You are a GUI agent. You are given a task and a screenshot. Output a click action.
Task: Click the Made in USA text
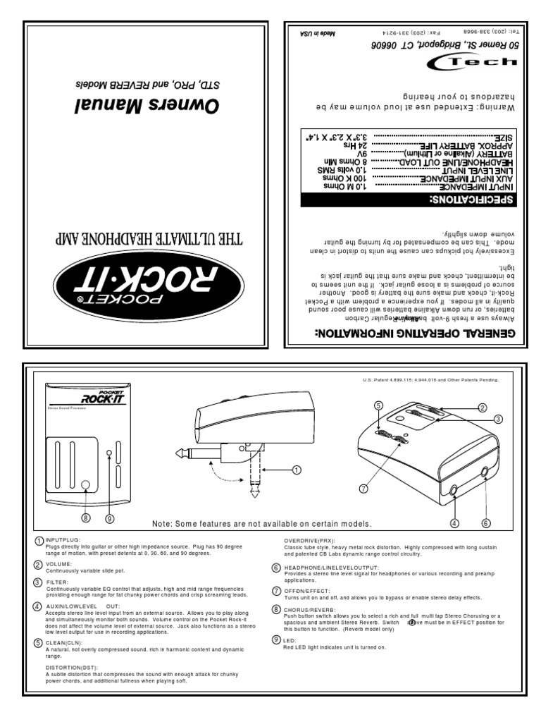pyautogui.click(x=304, y=32)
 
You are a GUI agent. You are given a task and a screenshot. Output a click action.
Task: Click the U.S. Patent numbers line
pyautogui.click(x=429, y=380)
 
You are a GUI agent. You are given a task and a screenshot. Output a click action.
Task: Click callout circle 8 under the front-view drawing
pyautogui.click(x=85, y=518)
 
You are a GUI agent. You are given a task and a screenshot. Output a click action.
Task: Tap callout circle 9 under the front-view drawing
pyautogui.click(x=109, y=518)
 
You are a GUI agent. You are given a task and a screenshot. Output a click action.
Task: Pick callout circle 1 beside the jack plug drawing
pyautogui.click(x=297, y=468)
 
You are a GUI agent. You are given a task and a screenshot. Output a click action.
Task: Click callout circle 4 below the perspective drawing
pyautogui.click(x=454, y=522)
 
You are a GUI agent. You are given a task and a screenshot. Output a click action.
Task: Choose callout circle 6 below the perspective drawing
pyautogui.click(x=485, y=522)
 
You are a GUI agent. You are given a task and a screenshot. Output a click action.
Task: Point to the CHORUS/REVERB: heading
pyautogui.click(x=309, y=607)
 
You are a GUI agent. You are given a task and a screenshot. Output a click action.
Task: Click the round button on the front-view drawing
pyautogui.click(x=85, y=485)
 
